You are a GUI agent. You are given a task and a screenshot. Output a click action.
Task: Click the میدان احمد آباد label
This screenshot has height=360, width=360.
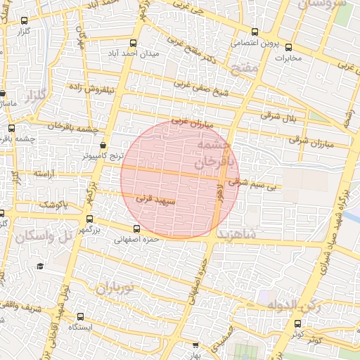134,53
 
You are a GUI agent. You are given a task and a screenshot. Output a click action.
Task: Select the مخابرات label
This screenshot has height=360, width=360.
286,58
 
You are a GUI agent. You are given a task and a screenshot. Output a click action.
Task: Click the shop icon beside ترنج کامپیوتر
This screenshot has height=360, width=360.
103,145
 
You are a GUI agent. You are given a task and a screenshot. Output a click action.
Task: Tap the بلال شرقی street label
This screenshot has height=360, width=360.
280,115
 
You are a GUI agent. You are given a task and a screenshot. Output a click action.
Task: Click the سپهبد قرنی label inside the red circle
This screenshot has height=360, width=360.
154,200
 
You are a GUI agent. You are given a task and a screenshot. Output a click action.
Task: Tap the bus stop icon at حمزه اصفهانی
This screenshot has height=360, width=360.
137,228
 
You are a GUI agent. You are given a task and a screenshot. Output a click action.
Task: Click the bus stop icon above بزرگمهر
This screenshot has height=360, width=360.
89,219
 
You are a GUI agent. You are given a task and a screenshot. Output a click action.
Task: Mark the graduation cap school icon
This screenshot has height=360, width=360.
40,266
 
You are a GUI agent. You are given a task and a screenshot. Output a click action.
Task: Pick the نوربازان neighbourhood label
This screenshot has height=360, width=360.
115,288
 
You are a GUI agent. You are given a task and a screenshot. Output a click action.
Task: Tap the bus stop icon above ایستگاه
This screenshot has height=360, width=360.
81,317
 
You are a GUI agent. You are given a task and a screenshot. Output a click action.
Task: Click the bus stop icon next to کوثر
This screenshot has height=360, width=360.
297,323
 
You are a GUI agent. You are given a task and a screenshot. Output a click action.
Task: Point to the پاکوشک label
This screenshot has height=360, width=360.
53,205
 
